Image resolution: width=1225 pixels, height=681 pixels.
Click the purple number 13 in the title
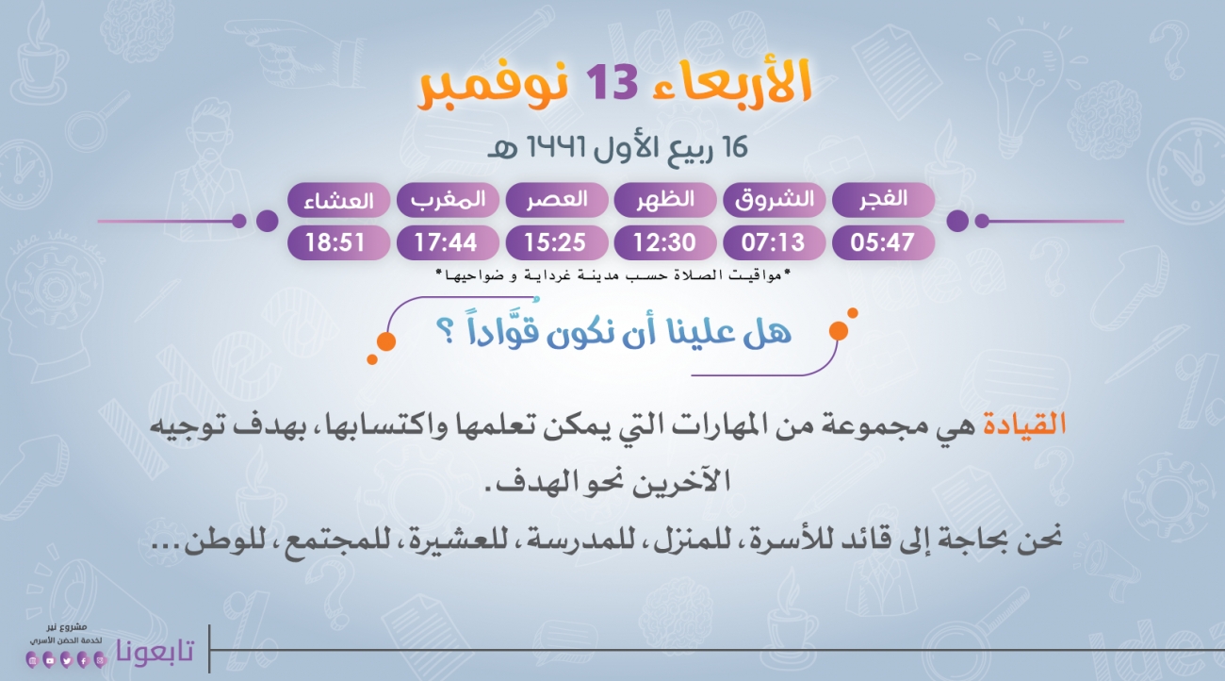[612, 82]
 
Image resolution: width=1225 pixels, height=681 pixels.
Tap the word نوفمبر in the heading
[494, 86]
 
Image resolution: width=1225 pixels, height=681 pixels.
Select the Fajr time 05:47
[882, 242]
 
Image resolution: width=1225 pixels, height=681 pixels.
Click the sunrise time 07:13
[773, 242]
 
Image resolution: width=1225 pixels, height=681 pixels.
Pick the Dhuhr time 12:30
[664, 242]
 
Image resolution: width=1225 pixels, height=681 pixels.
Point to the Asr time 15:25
[555, 242]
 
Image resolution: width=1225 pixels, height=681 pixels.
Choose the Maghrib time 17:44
[446, 242]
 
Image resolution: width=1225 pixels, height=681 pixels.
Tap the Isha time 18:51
[335, 242]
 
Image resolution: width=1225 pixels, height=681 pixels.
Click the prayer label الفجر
[883, 199]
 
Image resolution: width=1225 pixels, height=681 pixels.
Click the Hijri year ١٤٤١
[556, 147]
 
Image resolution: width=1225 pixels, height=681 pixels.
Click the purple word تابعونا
[155, 651]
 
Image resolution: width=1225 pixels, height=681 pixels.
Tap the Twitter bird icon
[66, 660]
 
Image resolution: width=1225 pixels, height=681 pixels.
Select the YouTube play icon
[49, 660]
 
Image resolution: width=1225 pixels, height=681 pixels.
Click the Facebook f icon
[83, 660]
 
